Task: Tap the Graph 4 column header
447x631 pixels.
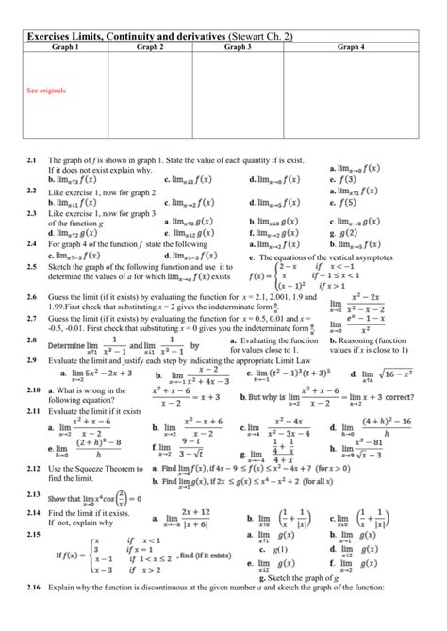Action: (x=352, y=46)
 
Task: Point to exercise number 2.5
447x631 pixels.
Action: (x=32, y=267)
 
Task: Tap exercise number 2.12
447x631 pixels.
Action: (x=33, y=468)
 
